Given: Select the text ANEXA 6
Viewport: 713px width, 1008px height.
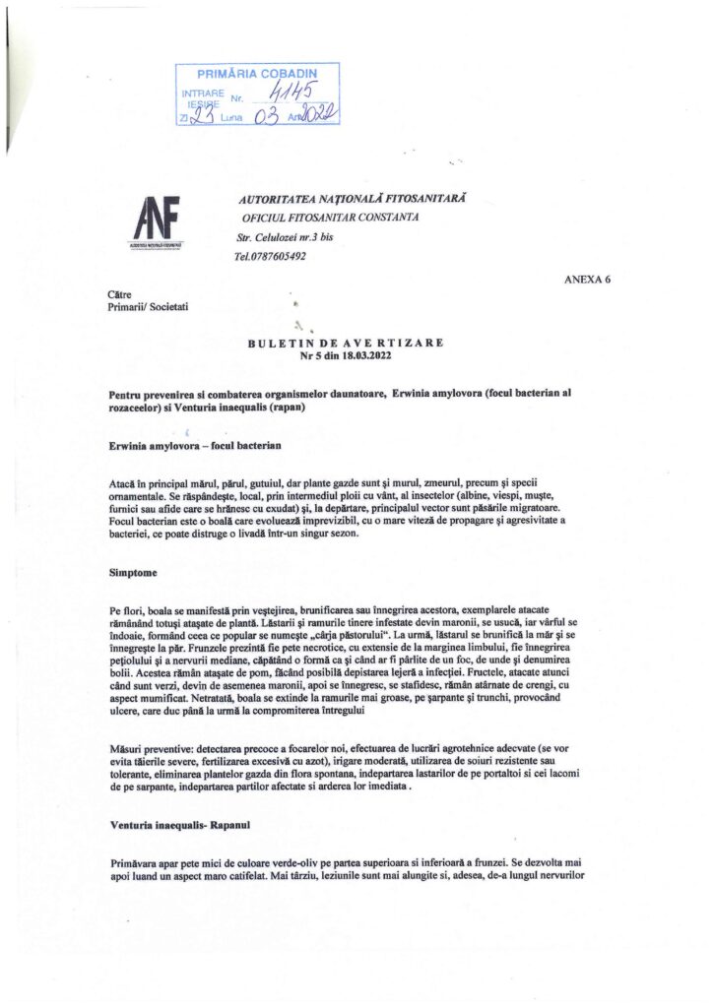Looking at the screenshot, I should (587, 279).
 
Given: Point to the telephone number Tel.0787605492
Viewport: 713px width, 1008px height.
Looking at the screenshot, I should (270, 256).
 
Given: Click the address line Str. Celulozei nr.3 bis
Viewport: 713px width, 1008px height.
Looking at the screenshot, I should (286, 237).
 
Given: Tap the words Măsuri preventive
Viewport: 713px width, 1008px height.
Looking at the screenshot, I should (151, 750).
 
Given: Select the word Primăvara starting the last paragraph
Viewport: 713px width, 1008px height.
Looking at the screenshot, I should (137, 861).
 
